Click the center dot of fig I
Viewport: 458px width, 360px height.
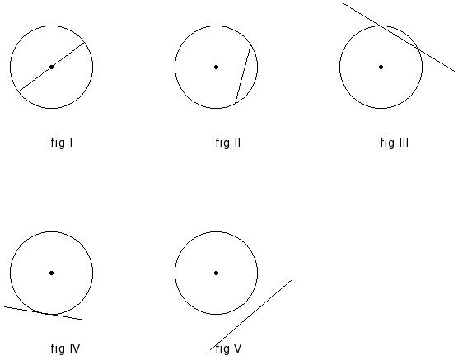51,68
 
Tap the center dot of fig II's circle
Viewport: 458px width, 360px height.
216,68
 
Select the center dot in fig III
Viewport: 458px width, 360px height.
381,68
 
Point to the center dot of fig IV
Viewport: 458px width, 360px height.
51,274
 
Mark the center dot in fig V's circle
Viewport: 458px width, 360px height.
216,274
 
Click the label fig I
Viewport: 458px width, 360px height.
62,143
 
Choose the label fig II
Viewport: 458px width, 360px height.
228,143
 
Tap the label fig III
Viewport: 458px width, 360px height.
395,143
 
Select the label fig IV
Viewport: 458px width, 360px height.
65,348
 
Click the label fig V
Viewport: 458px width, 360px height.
228,348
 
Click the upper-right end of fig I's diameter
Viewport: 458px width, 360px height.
84,43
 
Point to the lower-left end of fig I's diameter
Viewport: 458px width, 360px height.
19,91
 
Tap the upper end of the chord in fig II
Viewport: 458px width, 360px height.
250,45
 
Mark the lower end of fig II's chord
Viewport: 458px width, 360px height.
236,104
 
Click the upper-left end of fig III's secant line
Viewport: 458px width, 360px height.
343,4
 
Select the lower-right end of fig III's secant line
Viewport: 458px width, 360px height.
455,71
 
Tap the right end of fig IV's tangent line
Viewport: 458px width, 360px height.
86,320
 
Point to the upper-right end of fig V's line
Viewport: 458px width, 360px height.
292,279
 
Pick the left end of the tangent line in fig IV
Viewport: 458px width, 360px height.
4,306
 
